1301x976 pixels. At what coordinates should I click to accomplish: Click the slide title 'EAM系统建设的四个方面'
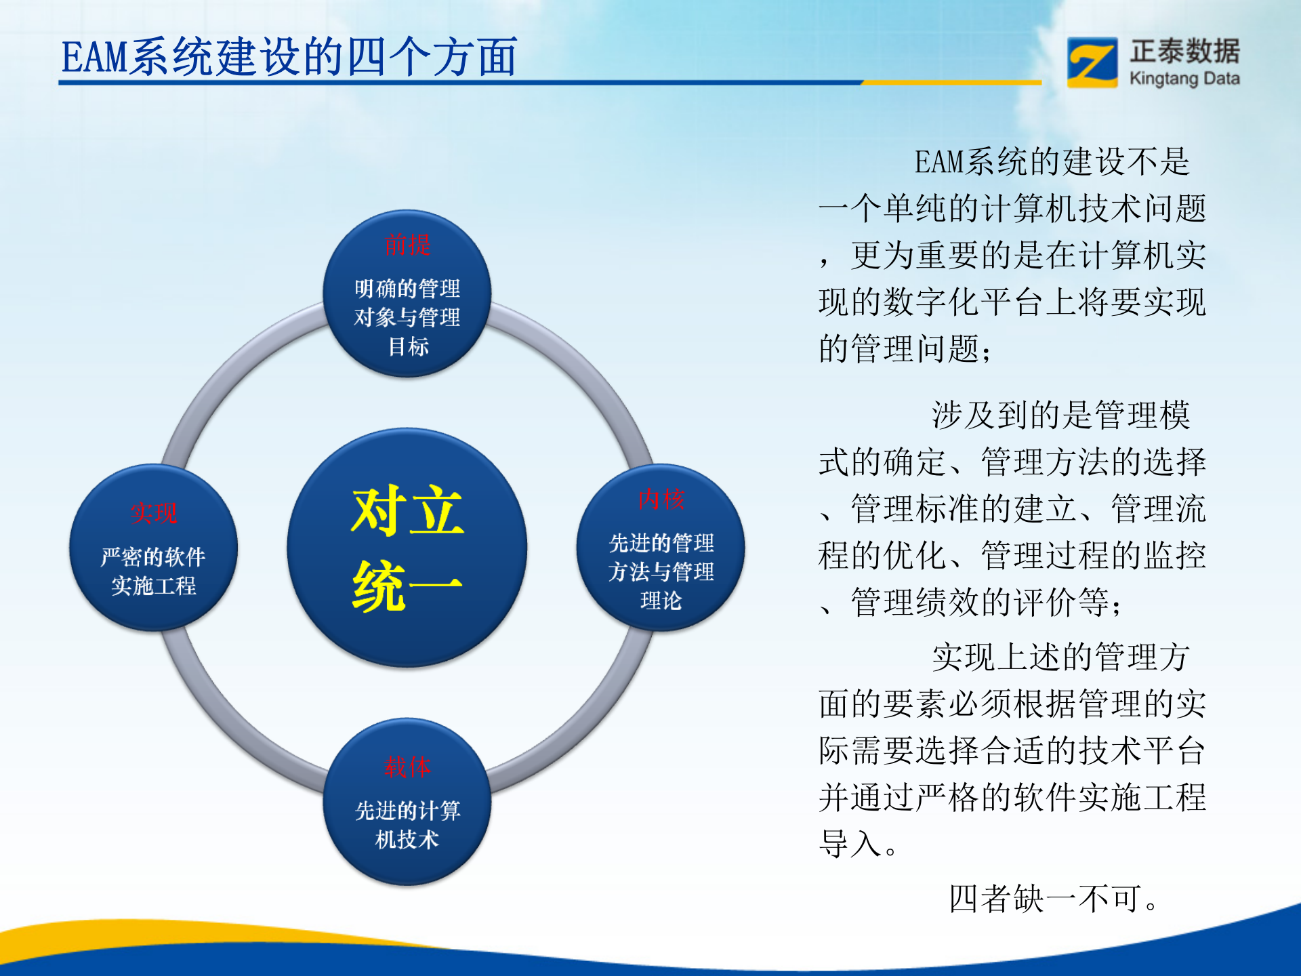point(289,57)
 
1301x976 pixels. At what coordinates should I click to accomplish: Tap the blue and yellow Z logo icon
point(1092,62)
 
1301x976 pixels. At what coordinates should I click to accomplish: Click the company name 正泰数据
point(1184,52)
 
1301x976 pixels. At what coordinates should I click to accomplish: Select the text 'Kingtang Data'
point(1184,79)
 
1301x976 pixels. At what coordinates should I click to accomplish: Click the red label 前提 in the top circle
point(407,245)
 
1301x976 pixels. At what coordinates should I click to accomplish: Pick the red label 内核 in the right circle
point(661,499)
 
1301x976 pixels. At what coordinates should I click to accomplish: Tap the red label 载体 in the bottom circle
point(407,767)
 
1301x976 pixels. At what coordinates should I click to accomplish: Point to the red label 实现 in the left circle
point(154,513)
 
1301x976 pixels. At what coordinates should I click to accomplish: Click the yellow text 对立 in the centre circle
point(407,512)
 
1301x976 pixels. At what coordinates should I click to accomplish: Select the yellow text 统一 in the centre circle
point(407,586)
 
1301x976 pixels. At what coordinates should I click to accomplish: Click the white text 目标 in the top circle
point(408,346)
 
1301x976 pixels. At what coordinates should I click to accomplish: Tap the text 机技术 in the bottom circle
point(407,840)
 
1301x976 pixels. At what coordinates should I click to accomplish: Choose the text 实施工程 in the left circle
point(154,586)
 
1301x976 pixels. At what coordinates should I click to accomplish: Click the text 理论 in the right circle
point(661,601)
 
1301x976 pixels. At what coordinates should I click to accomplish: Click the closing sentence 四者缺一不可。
point(1054,899)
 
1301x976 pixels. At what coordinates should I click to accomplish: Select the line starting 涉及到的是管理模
point(1060,415)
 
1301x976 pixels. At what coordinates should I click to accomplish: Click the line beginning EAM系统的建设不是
point(1052,162)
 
